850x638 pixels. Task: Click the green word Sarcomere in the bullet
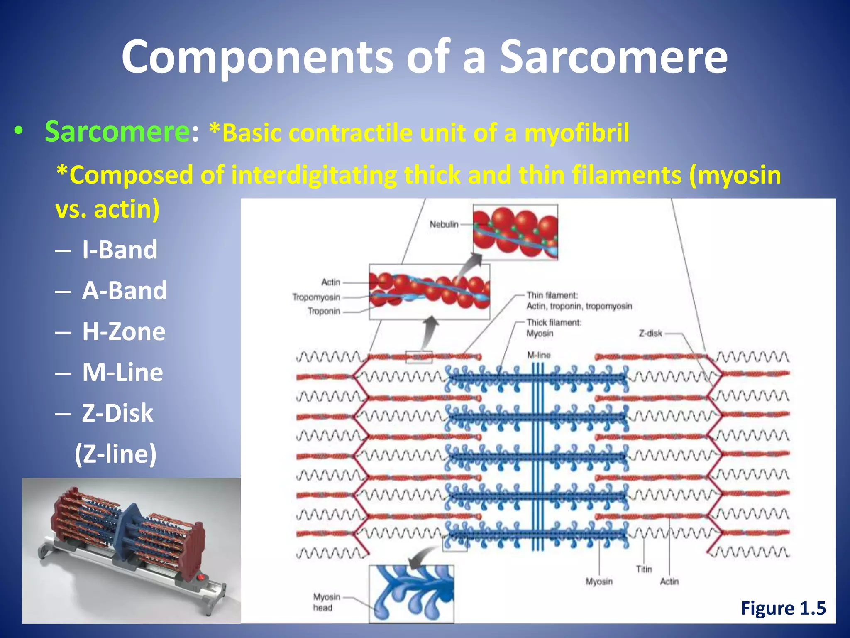(117, 132)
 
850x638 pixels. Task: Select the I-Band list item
(120, 250)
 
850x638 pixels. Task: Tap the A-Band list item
(124, 290)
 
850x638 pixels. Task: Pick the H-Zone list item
(124, 331)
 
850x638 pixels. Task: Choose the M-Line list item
(122, 372)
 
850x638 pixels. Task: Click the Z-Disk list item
(117, 413)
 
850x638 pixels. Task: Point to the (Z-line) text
(116, 454)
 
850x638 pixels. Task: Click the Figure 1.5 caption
(783, 608)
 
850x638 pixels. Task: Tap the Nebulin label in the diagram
(444, 224)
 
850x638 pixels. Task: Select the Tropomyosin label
(316, 297)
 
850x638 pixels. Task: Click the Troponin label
(324, 311)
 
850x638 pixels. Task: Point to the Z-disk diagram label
(650, 333)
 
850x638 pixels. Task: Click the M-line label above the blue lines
(539, 355)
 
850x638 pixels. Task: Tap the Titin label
(644, 569)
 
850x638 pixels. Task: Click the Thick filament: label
(554, 323)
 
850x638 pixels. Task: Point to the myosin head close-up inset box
(411, 594)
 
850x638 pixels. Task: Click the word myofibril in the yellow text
(577, 133)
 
